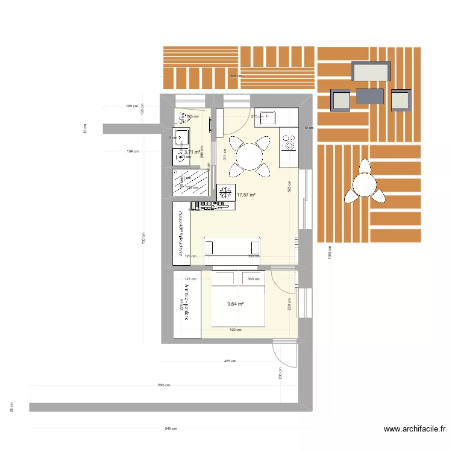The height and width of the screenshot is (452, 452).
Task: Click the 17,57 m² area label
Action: (x=246, y=195)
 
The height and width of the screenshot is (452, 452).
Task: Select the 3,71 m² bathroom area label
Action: (x=192, y=152)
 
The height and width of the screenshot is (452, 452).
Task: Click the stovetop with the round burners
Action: (x=289, y=143)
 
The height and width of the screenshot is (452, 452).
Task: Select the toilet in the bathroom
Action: (x=181, y=117)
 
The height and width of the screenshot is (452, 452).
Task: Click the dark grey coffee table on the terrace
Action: (x=369, y=96)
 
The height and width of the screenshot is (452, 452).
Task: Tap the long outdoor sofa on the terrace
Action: (x=371, y=72)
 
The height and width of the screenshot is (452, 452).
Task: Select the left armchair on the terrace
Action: (x=341, y=99)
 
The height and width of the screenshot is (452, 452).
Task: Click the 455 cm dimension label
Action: (x=230, y=362)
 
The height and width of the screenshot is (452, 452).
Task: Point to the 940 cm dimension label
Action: (x=171, y=429)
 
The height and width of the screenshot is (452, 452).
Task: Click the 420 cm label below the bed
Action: (x=236, y=330)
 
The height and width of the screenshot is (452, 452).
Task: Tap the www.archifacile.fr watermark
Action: (x=415, y=430)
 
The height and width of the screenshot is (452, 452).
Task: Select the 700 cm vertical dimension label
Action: (x=144, y=240)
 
